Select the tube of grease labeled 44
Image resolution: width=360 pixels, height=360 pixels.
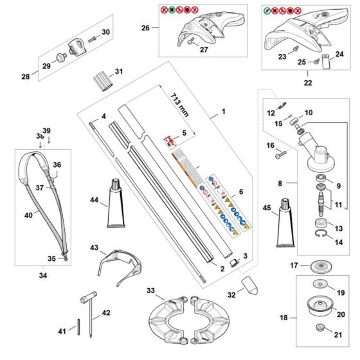[x=120, y=203]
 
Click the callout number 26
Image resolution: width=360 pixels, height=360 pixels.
[x=145, y=28]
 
